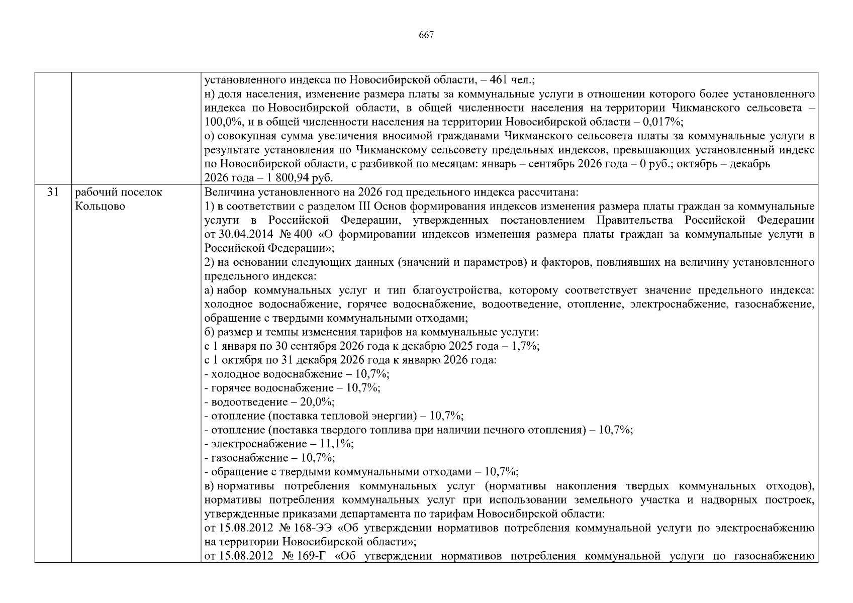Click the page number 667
(x=426, y=35)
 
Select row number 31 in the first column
(x=53, y=192)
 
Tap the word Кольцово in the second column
(x=100, y=207)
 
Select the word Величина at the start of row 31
(x=225, y=192)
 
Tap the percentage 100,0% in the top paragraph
(x=220, y=122)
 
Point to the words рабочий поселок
(x=119, y=192)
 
